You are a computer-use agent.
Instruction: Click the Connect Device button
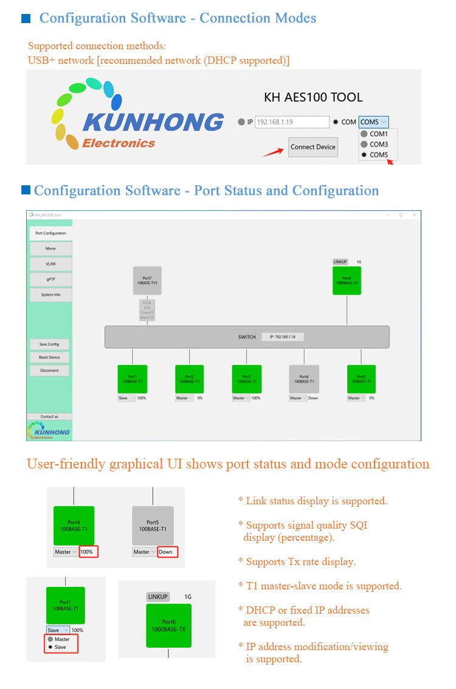click(313, 147)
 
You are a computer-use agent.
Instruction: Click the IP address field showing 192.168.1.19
click(292, 122)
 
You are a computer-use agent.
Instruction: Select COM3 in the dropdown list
click(378, 145)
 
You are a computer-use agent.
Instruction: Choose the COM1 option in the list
click(378, 134)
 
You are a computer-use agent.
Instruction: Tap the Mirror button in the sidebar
click(50, 249)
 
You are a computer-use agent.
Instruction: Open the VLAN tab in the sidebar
click(50, 264)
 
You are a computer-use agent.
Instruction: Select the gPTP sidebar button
click(50, 279)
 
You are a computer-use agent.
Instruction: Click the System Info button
click(50, 295)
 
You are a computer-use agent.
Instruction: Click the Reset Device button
click(49, 357)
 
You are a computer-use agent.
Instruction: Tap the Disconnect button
click(49, 370)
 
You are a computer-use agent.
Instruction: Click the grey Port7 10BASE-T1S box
click(147, 281)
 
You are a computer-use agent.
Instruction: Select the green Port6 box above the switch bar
click(347, 281)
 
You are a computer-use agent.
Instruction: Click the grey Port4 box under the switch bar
click(304, 379)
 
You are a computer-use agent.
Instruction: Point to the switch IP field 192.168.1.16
click(283, 337)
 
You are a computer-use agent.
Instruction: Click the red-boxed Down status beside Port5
click(167, 552)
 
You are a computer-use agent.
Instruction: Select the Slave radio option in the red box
click(60, 647)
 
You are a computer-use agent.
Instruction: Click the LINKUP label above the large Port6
click(158, 597)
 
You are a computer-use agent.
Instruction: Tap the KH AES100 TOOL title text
click(313, 97)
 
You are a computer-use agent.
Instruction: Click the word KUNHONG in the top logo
click(153, 122)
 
